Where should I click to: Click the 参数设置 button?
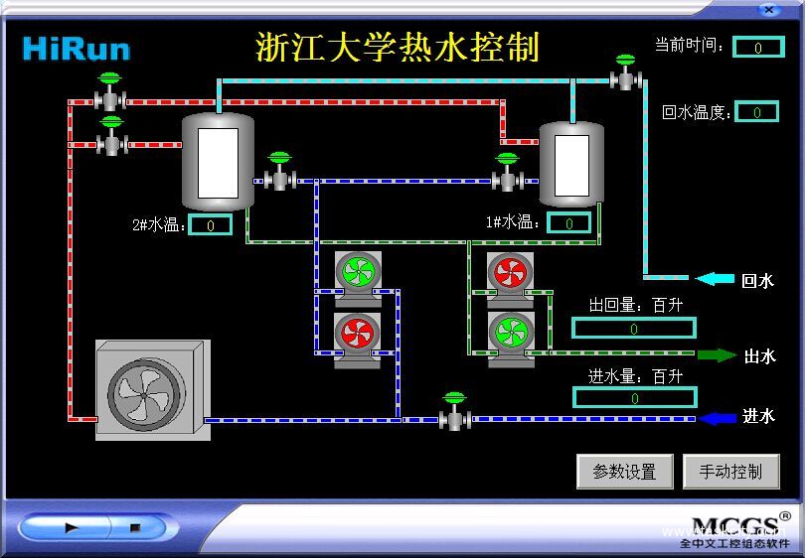pyautogui.click(x=624, y=472)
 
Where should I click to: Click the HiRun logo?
pyautogui.click(x=77, y=49)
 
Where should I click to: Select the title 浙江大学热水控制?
pyautogui.click(x=398, y=47)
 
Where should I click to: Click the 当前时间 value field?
pyautogui.click(x=758, y=47)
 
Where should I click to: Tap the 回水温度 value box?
pyautogui.click(x=757, y=112)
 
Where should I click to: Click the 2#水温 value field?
pyautogui.click(x=211, y=224)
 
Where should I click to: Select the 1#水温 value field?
pyautogui.click(x=569, y=222)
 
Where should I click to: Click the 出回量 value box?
pyautogui.click(x=633, y=328)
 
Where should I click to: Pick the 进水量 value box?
pyautogui.click(x=633, y=397)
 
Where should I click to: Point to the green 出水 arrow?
pyautogui.click(x=717, y=354)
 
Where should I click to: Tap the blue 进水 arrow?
pyautogui.click(x=718, y=418)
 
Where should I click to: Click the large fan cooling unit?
pyautogui.click(x=152, y=389)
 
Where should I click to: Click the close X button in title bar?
pyautogui.click(x=767, y=9)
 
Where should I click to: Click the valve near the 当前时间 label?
pyautogui.click(x=625, y=74)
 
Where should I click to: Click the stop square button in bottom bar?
pyautogui.click(x=135, y=528)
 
